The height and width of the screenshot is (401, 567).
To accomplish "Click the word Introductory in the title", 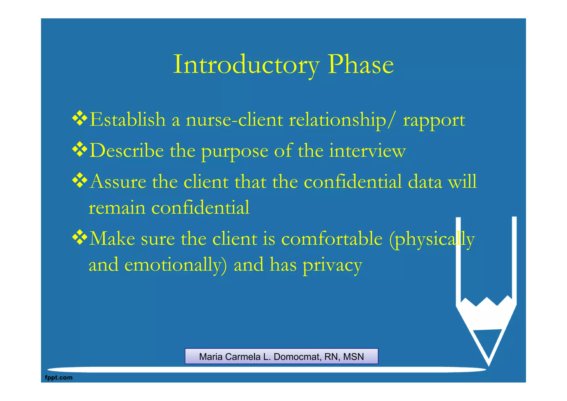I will (x=246, y=65).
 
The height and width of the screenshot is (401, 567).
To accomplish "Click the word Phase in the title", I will (x=360, y=65).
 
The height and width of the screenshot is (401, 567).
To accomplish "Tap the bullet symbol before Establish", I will (x=80, y=118).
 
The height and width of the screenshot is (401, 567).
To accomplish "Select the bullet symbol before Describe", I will (x=80, y=149).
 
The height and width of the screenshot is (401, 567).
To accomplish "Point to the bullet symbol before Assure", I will (x=80, y=180).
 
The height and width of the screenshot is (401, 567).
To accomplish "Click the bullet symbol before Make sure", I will (x=80, y=237).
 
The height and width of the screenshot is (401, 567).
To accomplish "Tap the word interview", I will (x=367, y=151).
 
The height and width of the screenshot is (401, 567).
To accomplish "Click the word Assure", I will (x=118, y=182).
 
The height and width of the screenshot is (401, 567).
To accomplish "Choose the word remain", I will (x=117, y=208).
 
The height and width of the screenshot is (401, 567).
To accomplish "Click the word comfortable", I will (x=332, y=239).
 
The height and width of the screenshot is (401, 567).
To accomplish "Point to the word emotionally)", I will (x=175, y=265).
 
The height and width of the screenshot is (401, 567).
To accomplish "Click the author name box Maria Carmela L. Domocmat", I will (x=281, y=356).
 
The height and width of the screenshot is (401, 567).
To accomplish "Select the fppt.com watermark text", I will (x=59, y=377).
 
